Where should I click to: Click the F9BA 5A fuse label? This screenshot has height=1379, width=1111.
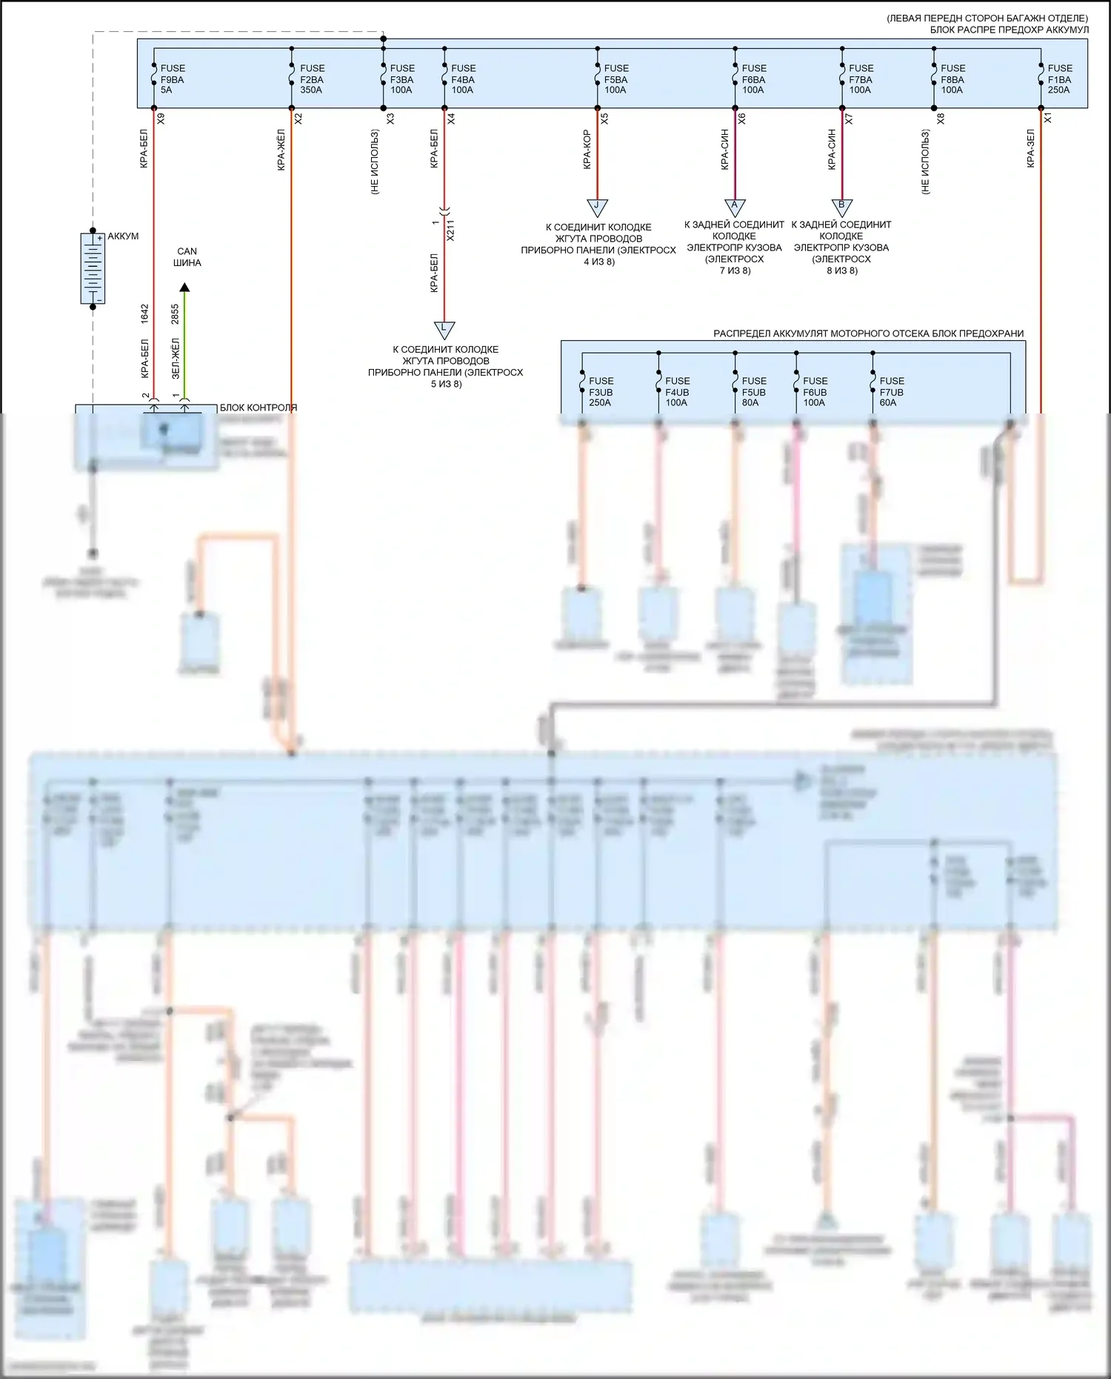(x=172, y=79)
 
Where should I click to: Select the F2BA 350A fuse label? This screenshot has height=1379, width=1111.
(x=312, y=79)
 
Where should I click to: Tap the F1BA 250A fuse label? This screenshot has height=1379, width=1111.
(x=1059, y=79)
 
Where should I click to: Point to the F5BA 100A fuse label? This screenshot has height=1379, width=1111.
(x=615, y=79)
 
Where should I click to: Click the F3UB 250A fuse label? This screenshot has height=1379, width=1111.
(x=600, y=392)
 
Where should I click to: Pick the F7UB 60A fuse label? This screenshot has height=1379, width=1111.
(x=891, y=392)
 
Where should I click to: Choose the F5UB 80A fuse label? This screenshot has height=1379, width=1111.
(x=753, y=392)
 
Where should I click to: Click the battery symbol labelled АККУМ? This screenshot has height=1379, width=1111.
(x=93, y=268)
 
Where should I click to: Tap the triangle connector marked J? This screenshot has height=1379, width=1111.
(x=596, y=206)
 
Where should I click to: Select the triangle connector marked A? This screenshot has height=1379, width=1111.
(x=735, y=206)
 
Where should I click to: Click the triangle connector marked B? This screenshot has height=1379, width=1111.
(x=841, y=206)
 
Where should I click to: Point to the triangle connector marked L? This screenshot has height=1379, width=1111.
(x=444, y=328)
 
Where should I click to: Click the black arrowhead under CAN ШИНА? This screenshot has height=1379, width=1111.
(x=185, y=288)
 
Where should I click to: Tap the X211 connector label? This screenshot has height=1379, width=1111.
(x=450, y=230)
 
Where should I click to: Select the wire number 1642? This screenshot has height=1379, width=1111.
(x=145, y=313)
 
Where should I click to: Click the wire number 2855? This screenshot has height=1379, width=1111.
(x=176, y=313)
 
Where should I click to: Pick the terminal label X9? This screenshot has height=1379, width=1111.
(x=161, y=118)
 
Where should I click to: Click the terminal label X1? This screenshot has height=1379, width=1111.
(x=1047, y=118)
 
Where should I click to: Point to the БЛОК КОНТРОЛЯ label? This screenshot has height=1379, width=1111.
(x=258, y=408)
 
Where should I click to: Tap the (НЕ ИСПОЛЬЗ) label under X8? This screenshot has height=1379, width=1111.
(x=925, y=162)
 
